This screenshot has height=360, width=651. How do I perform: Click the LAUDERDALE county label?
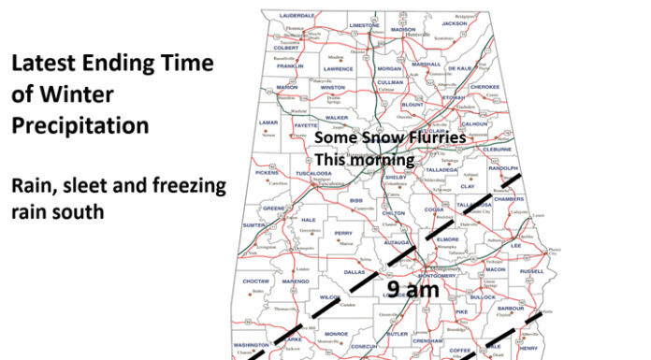coord(296,16)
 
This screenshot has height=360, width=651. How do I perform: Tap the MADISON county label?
coord(403,29)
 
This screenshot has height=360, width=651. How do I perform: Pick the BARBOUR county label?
coord(509,308)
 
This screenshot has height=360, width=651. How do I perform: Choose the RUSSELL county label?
coord(531,272)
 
